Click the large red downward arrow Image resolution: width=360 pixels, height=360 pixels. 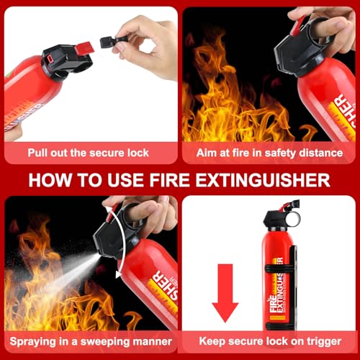point(225,289)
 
